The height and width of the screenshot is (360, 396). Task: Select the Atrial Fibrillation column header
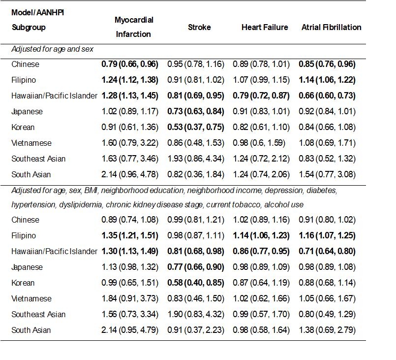pyautogui.click(x=331, y=27)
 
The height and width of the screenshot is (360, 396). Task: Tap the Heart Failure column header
pyautogui.click(x=265, y=27)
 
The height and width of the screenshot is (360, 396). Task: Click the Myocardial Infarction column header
pyautogui.click(x=134, y=27)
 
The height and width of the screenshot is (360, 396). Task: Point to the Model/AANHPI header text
pyautogui.click(x=38, y=12)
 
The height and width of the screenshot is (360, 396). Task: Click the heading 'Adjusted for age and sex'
pyautogui.click(x=53, y=49)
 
